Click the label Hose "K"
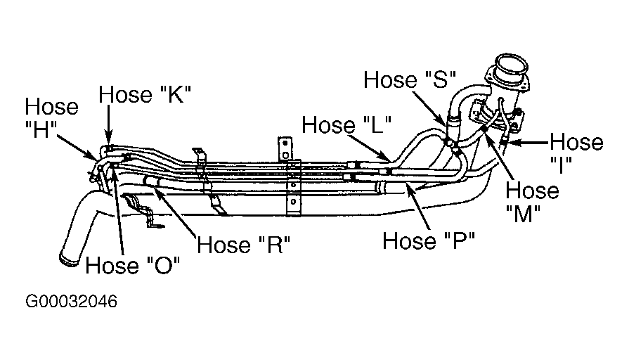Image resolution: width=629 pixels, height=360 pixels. tap(145, 96)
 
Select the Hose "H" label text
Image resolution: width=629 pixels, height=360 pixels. tap(52, 119)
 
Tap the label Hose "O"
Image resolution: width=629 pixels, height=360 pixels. tap(134, 266)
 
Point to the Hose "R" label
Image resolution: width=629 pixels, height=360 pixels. tap(244, 245)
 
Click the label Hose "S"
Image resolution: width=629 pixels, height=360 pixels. tap(410, 79)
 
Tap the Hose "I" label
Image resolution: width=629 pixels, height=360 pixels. tap(576, 153)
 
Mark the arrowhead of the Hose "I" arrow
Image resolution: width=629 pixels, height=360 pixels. tap(511, 143)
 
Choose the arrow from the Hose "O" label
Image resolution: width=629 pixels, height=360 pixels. tap(118, 211)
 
